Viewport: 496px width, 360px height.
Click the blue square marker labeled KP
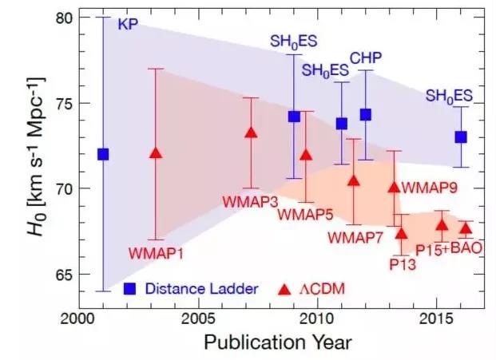click(102, 154)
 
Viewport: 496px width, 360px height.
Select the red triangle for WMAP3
click(251, 133)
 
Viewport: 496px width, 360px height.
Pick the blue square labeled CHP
click(366, 114)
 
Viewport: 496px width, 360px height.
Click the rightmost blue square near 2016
click(461, 136)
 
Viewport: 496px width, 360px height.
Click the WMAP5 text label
click(304, 215)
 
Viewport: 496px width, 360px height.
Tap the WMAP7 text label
click(353, 237)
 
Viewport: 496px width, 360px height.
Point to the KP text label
click(128, 24)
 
